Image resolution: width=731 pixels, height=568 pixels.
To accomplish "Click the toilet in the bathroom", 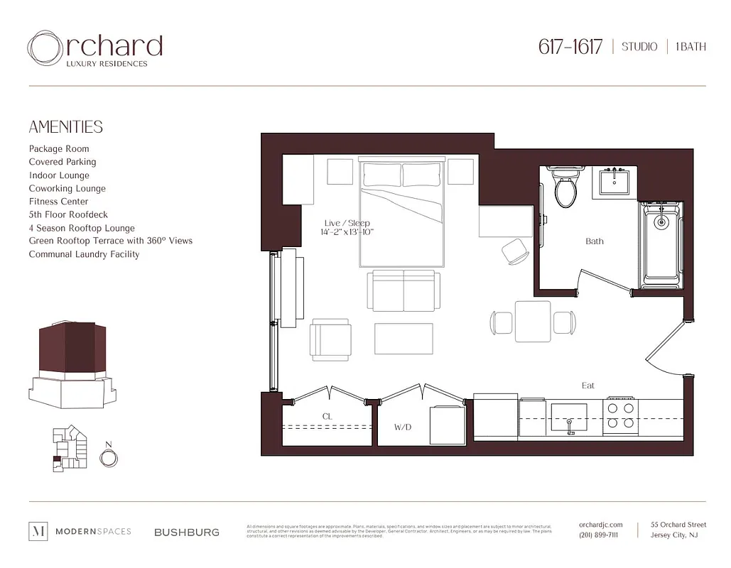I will pyautogui.click(x=566, y=189).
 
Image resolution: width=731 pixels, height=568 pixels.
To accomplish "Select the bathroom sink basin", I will pyautogui.click(x=612, y=182).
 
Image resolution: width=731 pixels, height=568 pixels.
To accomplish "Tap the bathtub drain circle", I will pyautogui.click(x=661, y=222).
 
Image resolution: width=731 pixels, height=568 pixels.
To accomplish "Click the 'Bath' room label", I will pyautogui.click(x=595, y=241).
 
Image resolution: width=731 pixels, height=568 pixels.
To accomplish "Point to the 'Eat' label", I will pyautogui.click(x=588, y=386).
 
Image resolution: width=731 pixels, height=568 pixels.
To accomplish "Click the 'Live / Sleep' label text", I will pyautogui.click(x=347, y=223).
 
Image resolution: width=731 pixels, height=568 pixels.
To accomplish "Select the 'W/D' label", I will pyautogui.click(x=403, y=427).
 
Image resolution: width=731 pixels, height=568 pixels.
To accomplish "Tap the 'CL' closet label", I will pyautogui.click(x=327, y=417).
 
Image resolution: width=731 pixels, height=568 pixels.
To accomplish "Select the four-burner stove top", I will pyautogui.click(x=620, y=415).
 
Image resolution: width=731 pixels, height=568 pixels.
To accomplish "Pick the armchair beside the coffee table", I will pyautogui.click(x=330, y=339).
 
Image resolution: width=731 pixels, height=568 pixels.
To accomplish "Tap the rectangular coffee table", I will pyautogui.click(x=404, y=339).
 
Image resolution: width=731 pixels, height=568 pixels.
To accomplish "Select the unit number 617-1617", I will pyautogui.click(x=570, y=47).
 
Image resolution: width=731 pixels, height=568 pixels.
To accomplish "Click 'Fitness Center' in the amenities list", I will pyautogui.click(x=58, y=202).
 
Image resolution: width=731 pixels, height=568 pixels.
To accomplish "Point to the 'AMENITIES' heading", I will pyautogui.click(x=65, y=127).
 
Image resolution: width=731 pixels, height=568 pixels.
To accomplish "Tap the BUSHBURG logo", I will pyautogui.click(x=187, y=532).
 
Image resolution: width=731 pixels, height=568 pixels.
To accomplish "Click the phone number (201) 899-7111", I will pyautogui.click(x=598, y=535).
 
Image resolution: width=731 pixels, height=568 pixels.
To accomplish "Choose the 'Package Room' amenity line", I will pyautogui.click(x=59, y=149).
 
